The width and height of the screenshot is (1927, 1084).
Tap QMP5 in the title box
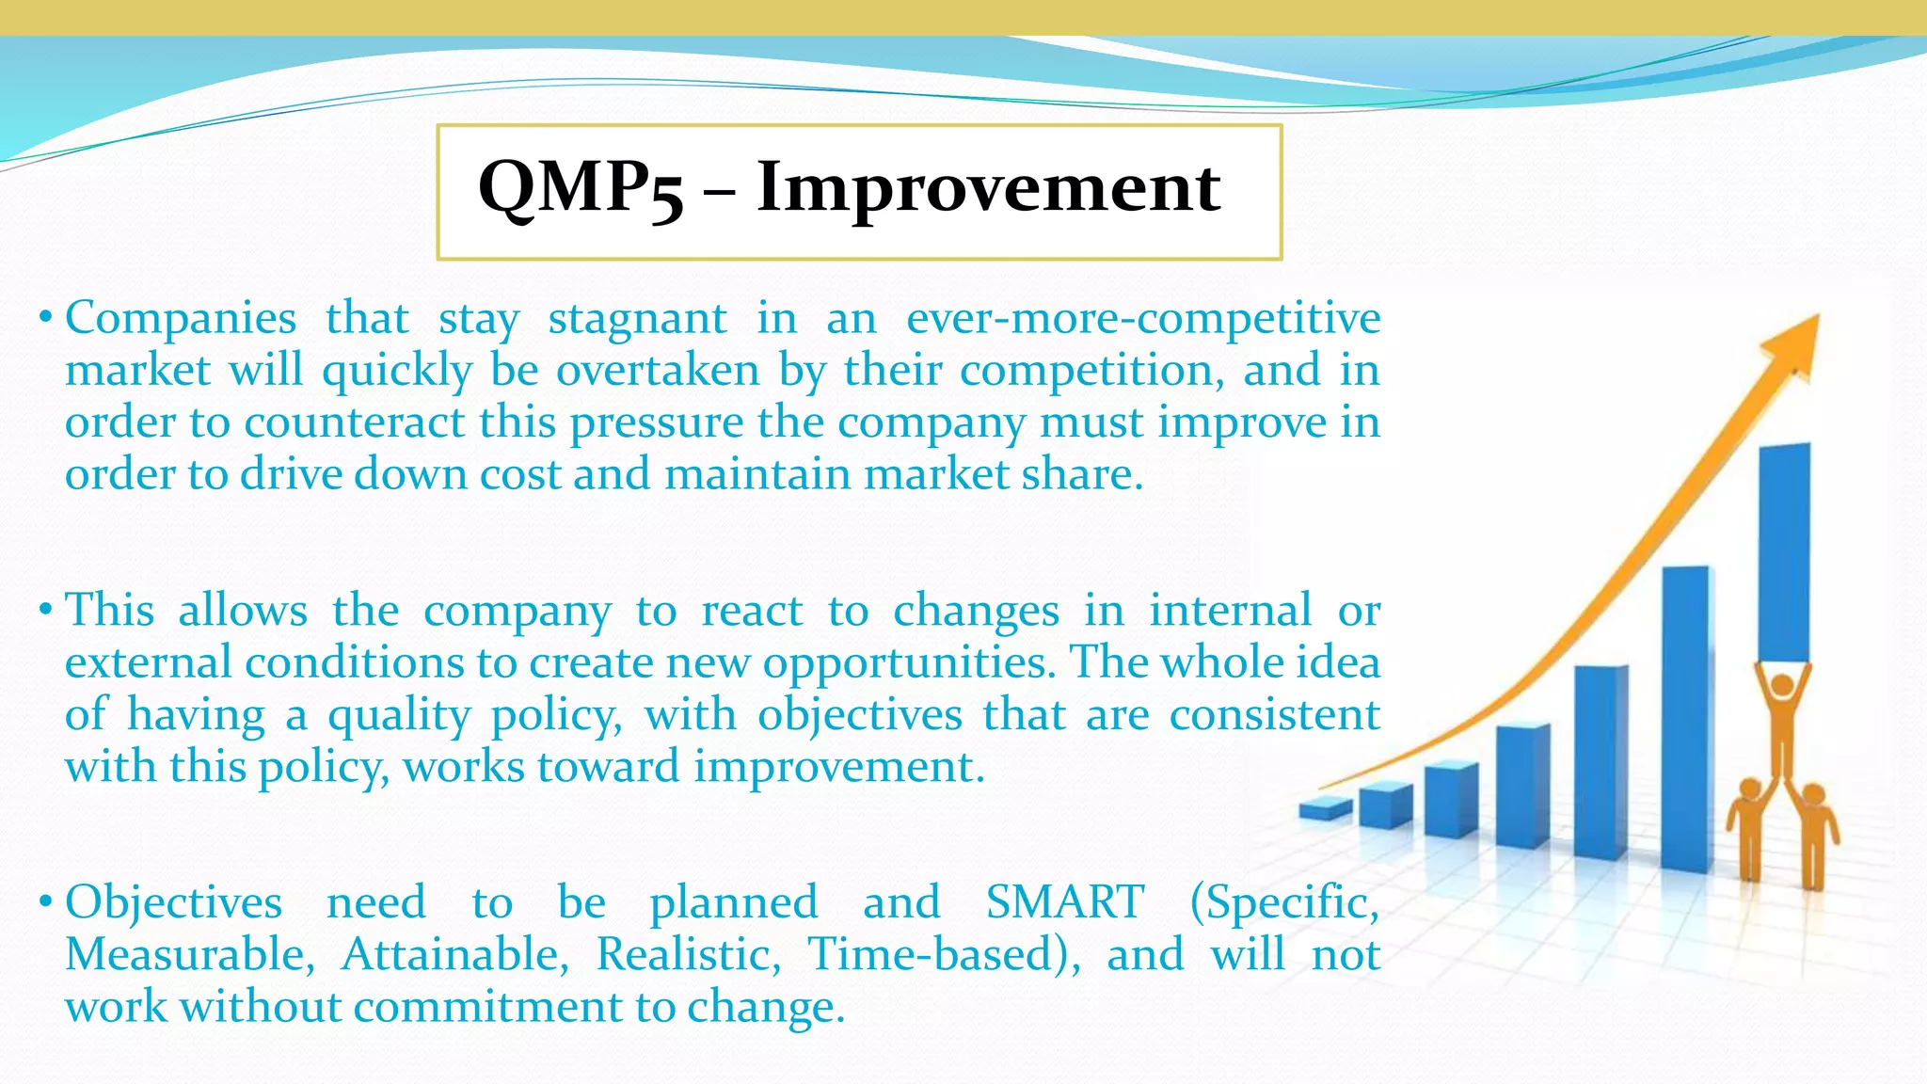pos(581,187)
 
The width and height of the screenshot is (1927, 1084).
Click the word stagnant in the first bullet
pos(637,318)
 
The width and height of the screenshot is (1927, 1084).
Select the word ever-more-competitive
pos(1142,318)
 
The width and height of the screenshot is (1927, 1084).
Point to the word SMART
pos(1064,902)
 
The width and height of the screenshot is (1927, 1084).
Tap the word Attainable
pos(454,954)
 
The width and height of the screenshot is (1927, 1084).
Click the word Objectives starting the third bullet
pos(173,902)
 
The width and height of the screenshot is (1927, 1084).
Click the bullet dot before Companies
pos(44,318)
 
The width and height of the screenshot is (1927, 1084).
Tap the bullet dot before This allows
pos(44,611)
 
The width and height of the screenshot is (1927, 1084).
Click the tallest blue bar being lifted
pos(1784,550)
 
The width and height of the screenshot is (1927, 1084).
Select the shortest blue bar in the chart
pos(1325,807)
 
